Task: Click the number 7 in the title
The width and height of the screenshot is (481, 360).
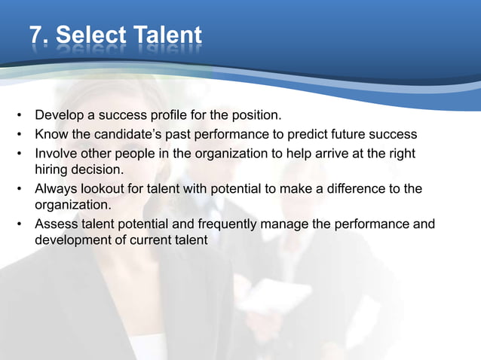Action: click(36, 35)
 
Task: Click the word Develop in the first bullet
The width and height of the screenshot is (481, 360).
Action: click(59, 117)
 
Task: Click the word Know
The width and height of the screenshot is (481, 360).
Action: click(51, 135)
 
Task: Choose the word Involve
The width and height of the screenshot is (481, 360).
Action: click(57, 153)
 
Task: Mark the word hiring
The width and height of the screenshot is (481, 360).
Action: click(52, 169)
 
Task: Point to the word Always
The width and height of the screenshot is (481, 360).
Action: click(56, 188)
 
